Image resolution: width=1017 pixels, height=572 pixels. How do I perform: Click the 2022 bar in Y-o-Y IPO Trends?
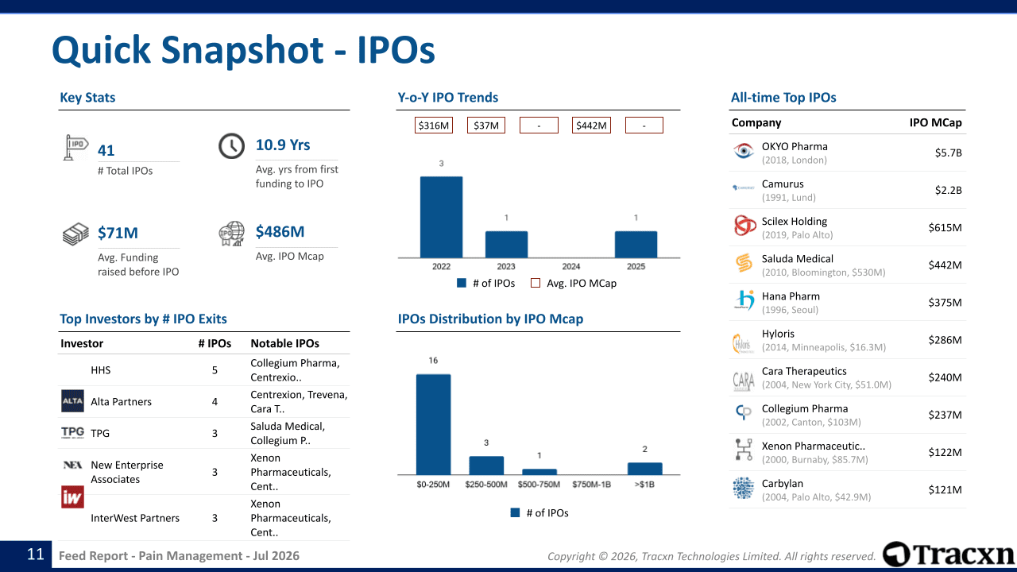tap(441, 217)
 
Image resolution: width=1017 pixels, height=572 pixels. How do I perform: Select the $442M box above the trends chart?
tap(591, 126)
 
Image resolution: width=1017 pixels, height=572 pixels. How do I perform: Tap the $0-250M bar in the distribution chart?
tap(434, 424)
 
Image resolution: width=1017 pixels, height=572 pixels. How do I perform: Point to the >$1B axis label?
tap(644, 485)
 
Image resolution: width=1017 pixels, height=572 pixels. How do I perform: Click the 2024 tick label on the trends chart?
tap(571, 266)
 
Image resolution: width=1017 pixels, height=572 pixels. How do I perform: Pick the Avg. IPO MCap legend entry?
tap(574, 284)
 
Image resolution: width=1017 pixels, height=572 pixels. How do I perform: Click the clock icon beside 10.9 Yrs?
tap(231, 146)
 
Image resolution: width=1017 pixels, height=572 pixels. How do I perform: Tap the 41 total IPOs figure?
tap(106, 150)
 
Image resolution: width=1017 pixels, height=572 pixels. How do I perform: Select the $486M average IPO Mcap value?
tap(280, 231)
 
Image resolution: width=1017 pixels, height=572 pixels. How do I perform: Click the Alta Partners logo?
tap(72, 401)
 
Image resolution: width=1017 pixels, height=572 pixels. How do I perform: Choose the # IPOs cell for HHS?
tap(215, 370)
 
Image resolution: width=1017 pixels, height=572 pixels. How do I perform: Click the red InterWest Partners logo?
tap(72, 497)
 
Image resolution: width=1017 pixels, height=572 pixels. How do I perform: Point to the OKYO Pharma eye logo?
tap(744, 151)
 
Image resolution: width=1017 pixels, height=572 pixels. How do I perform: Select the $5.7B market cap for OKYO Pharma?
tap(948, 153)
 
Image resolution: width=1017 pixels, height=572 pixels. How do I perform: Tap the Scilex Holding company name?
tap(794, 221)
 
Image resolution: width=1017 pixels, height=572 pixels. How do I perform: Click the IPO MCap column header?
tap(935, 122)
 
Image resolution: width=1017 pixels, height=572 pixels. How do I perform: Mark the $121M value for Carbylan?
tap(945, 490)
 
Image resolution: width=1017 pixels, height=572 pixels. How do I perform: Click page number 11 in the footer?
tap(36, 555)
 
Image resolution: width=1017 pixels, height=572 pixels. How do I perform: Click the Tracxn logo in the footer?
tap(948, 555)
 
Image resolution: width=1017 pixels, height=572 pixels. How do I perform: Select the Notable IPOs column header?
tap(284, 343)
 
